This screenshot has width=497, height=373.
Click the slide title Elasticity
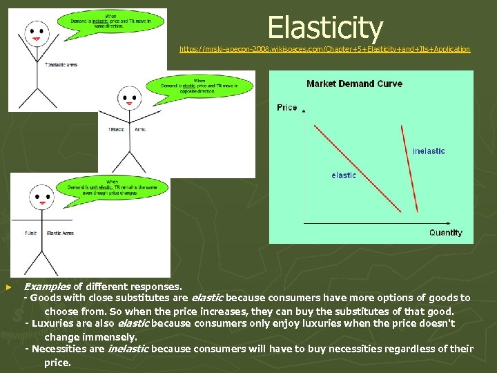pyautogui.click(x=324, y=28)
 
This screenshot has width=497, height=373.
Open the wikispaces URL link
pyautogui.click(x=324, y=49)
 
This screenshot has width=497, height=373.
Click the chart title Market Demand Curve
pyautogui.click(x=354, y=84)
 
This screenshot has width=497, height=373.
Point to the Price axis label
pyautogui.click(x=287, y=107)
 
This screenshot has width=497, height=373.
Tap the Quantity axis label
pyautogui.click(x=445, y=233)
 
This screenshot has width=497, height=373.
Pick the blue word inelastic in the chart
pyautogui.click(x=429, y=151)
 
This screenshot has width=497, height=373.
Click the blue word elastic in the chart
pyautogui.click(x=344, y=175)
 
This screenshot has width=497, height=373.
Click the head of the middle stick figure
pyautogui.click(x=129, y=98)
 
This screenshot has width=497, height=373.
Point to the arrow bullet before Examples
pyautogui.click(x=8, y=286)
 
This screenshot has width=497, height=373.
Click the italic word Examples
pyautogui.click(x=47, y=286)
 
